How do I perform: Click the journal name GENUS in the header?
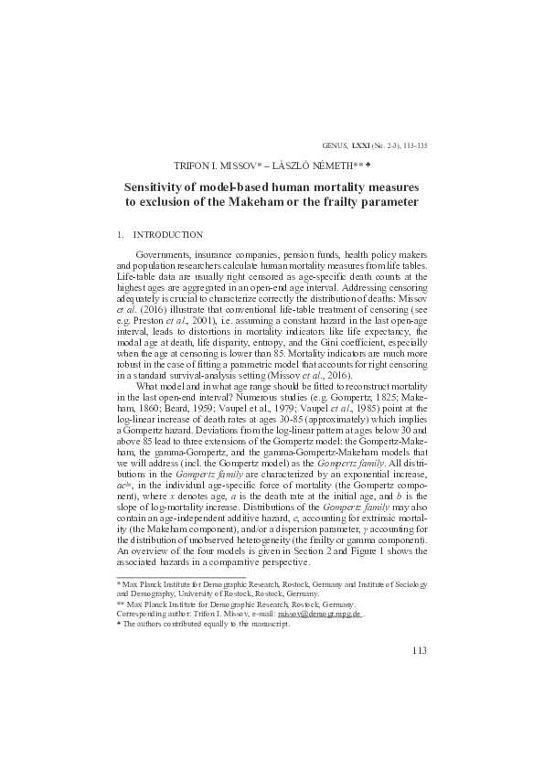[331, 144]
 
